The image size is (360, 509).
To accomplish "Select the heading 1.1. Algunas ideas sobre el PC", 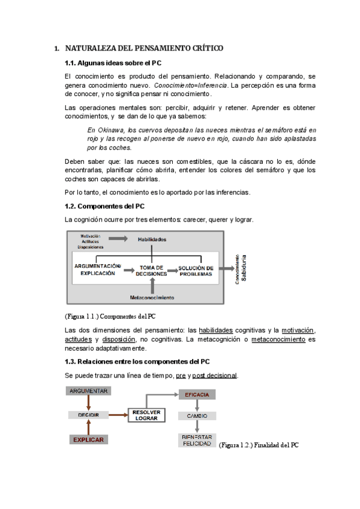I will [113, 63].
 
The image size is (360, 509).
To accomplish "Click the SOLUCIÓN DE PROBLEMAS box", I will [196, 270].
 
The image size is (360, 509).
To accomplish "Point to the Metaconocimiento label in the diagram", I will [152, 297].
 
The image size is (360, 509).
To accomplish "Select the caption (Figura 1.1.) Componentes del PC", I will [114, 316].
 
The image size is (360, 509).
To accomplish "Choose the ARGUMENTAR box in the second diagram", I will [88, 391].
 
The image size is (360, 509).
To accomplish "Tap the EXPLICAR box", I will [88, 439].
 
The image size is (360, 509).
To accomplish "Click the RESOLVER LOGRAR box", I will [146, 415].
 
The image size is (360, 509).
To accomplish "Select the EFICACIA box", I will [197, 394].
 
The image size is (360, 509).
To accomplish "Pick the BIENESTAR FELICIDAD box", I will [197, 440].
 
